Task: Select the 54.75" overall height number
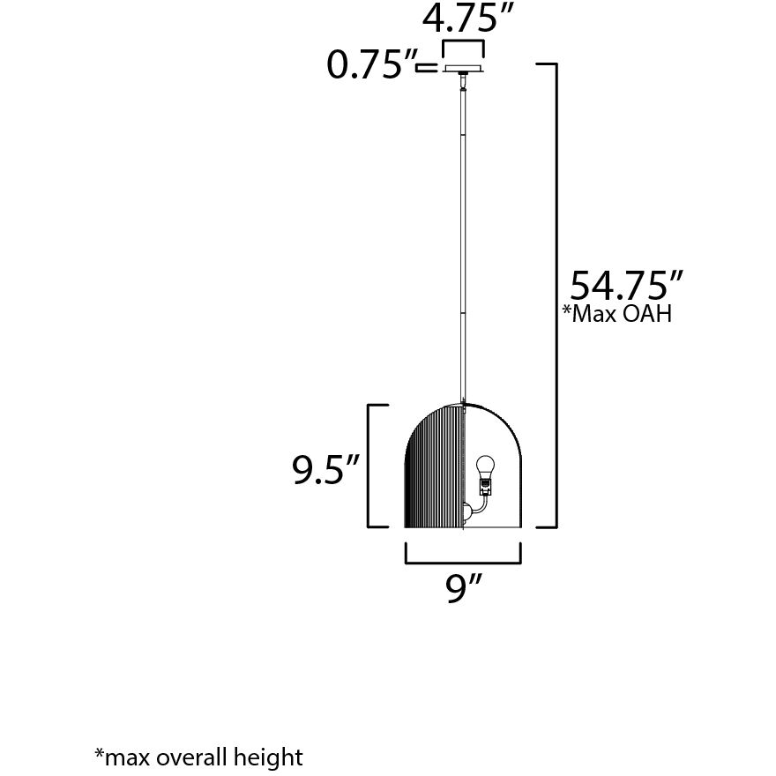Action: coord(626,287)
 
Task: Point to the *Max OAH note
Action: coord(616,315)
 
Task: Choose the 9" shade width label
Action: coord(463,588)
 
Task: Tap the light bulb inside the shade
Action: coord(484,465)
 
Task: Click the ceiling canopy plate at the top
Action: coord(463,68)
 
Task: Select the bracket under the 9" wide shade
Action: coord(463,556)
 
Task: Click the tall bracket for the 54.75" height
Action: coord(552,295)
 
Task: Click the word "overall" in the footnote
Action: coord(190,757)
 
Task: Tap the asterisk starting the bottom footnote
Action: coord(99,754)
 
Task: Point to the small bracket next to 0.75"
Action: coord(429,66)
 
